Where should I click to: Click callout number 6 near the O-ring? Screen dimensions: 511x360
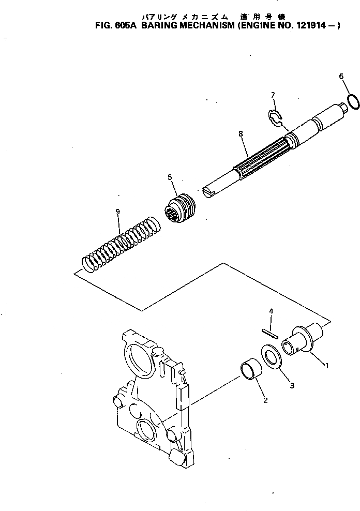[x=341, y=77]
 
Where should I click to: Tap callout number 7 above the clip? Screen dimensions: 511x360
[x=273, y=95]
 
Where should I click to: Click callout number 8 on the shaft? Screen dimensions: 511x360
[x=241, y=133]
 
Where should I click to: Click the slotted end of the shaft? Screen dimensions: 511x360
[x=208, y=193]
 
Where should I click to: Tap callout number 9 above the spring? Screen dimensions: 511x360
[x=118, y=212]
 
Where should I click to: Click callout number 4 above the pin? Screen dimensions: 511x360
[x=271, y=311]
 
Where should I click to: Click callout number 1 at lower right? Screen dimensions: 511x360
[x=327, y=365]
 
